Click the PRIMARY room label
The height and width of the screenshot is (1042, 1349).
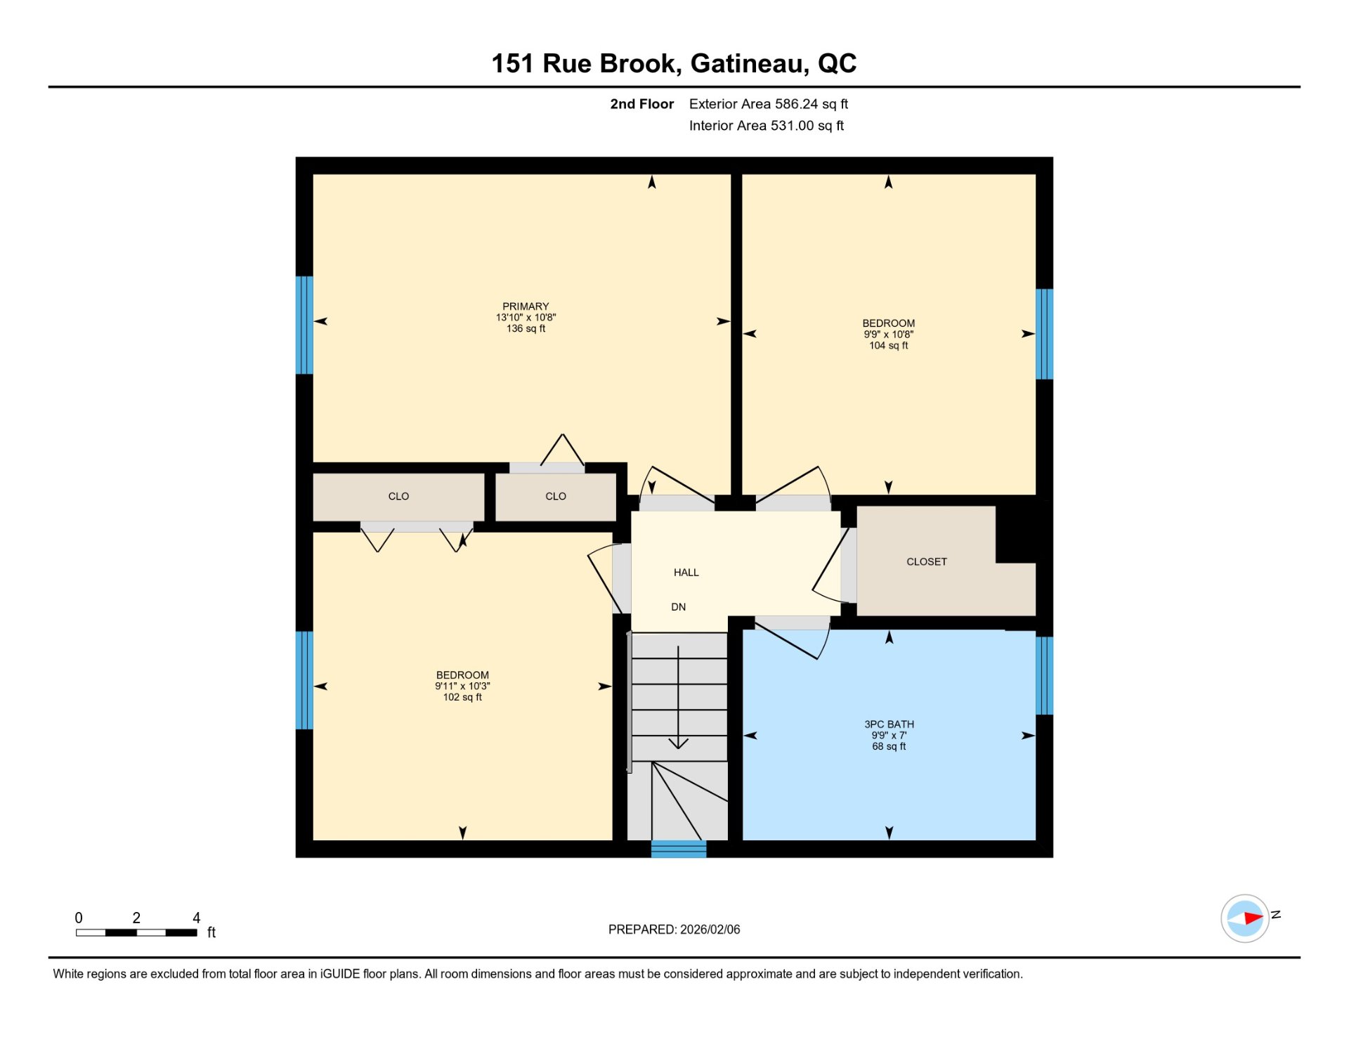click(526, 306)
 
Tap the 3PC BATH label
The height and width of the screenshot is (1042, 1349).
click(889, 724)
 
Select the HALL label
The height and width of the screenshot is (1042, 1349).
click(686, 573)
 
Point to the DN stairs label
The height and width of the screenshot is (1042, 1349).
click(678, 607)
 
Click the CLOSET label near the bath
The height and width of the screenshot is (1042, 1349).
click(926, 561)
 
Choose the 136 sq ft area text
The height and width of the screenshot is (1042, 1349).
click(526, 328)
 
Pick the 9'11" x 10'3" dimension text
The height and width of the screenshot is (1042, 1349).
click(462, 686)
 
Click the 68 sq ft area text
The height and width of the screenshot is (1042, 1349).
click(889, 746)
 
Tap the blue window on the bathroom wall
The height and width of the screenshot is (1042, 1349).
click(1044, 675)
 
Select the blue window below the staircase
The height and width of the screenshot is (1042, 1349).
click(678, 849)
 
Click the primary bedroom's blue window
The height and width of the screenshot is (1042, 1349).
click(304, 325)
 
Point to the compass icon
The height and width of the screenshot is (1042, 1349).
click(1244, 918)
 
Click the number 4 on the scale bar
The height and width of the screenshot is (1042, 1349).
click(197, 918)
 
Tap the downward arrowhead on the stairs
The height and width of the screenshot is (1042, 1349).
click(678, 743)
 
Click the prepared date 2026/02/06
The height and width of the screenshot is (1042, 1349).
click(710, 930)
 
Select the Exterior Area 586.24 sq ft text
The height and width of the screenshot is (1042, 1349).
click(768, 104)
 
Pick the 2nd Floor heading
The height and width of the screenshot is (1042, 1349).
click(641, 104)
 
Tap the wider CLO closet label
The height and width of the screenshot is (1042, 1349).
click(398, 496)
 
